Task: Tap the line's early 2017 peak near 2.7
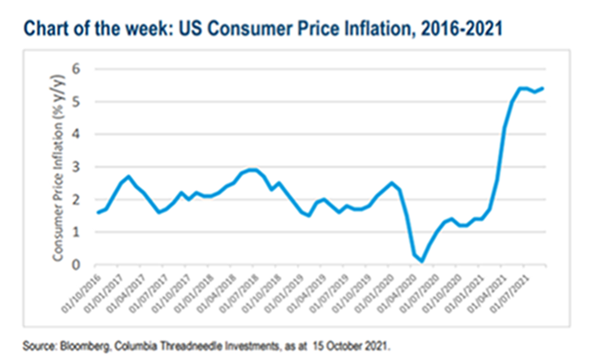tap(128, 177)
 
